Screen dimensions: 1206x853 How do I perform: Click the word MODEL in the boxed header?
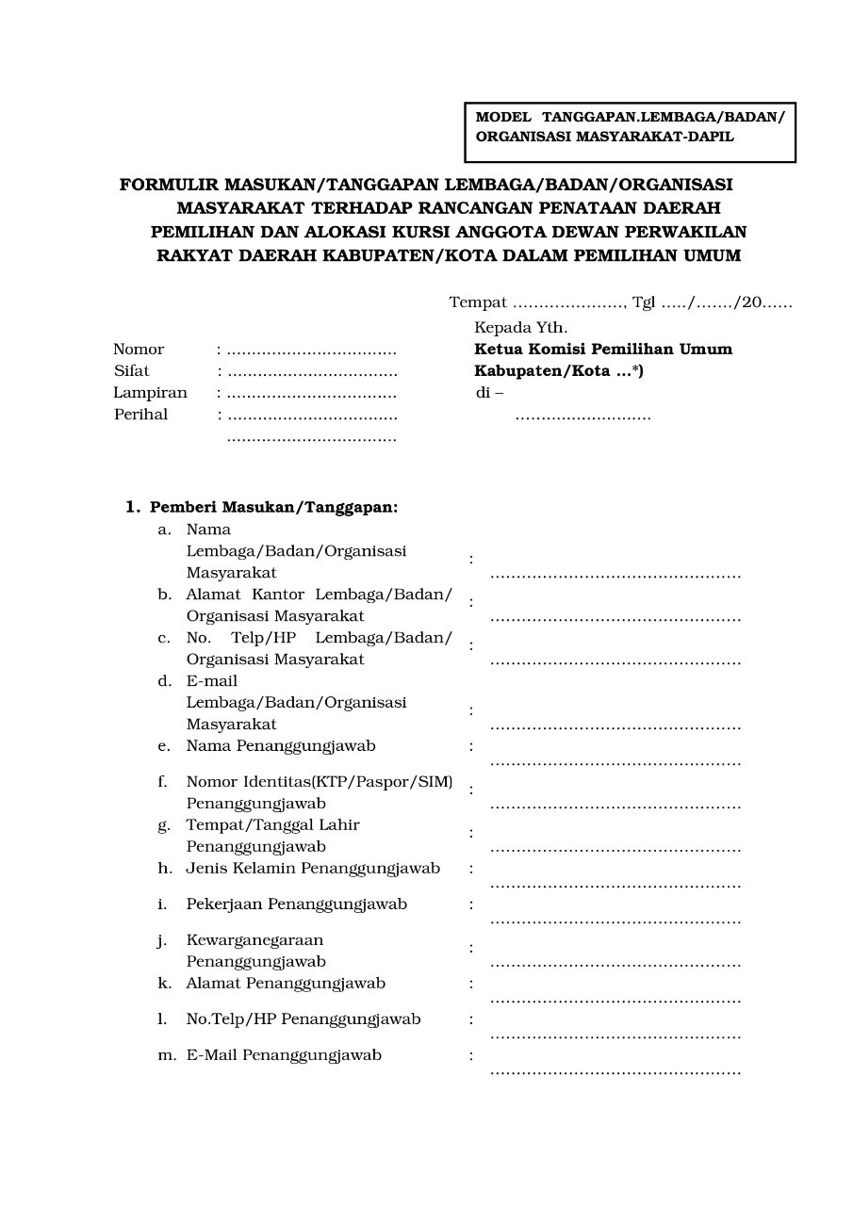(503, 117)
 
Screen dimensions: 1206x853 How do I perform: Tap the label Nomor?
(139, 350)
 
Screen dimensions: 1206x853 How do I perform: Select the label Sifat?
(132, 371)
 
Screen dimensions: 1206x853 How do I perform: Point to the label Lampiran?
(151, 393)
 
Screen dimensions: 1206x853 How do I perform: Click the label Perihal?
(140, 415)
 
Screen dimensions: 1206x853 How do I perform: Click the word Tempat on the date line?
(478, 302)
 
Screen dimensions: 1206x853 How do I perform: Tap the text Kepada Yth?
(520, 328)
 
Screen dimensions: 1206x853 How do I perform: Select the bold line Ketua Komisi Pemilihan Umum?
(603, 350)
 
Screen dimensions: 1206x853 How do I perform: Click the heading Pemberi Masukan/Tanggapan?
(273, 507)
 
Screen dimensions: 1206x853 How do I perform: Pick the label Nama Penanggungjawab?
(281, 746)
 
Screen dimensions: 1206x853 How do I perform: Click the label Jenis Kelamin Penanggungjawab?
(313, 869)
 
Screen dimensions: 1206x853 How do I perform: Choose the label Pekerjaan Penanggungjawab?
(297, 904)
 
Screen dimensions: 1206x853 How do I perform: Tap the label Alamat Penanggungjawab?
(286, 984)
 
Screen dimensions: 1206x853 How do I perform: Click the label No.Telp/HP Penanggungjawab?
(303, 1019)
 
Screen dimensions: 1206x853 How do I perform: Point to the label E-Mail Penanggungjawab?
(284, 1055)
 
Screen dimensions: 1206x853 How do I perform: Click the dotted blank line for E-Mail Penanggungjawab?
(615, 1071)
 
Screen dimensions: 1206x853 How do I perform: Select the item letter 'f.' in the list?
(163, 782)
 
